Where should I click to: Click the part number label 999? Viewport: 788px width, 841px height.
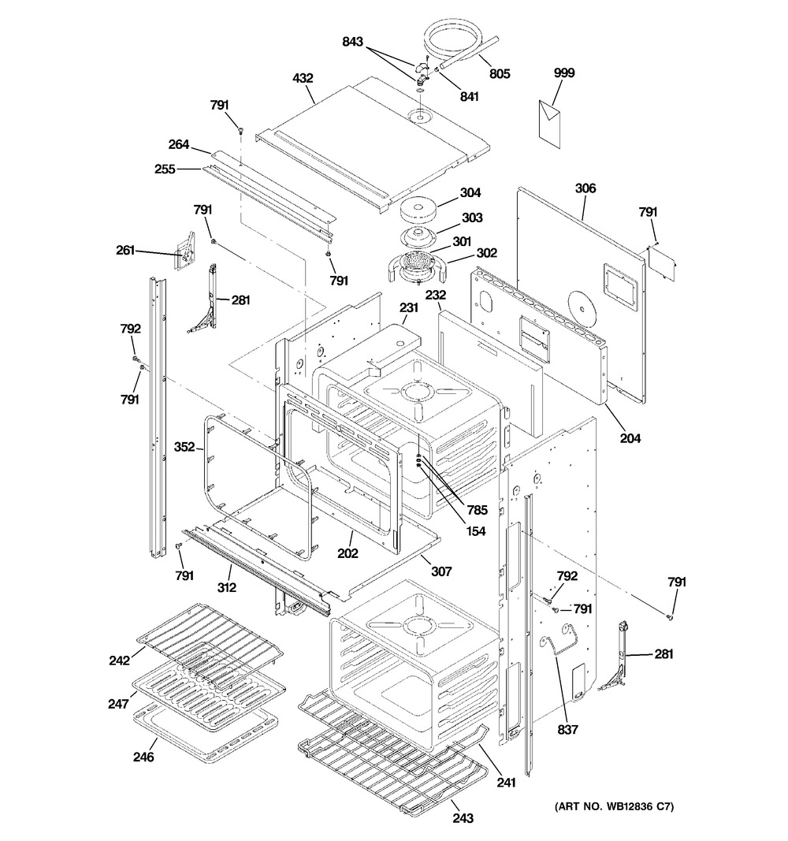564,73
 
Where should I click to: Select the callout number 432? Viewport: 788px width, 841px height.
303,78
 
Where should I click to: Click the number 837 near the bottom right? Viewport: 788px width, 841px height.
567,730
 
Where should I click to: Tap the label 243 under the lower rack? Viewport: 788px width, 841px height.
463,818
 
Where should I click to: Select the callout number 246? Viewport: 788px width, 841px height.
143,757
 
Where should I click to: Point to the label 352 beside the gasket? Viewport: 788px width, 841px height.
184,447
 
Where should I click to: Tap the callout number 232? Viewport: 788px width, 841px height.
437,295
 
